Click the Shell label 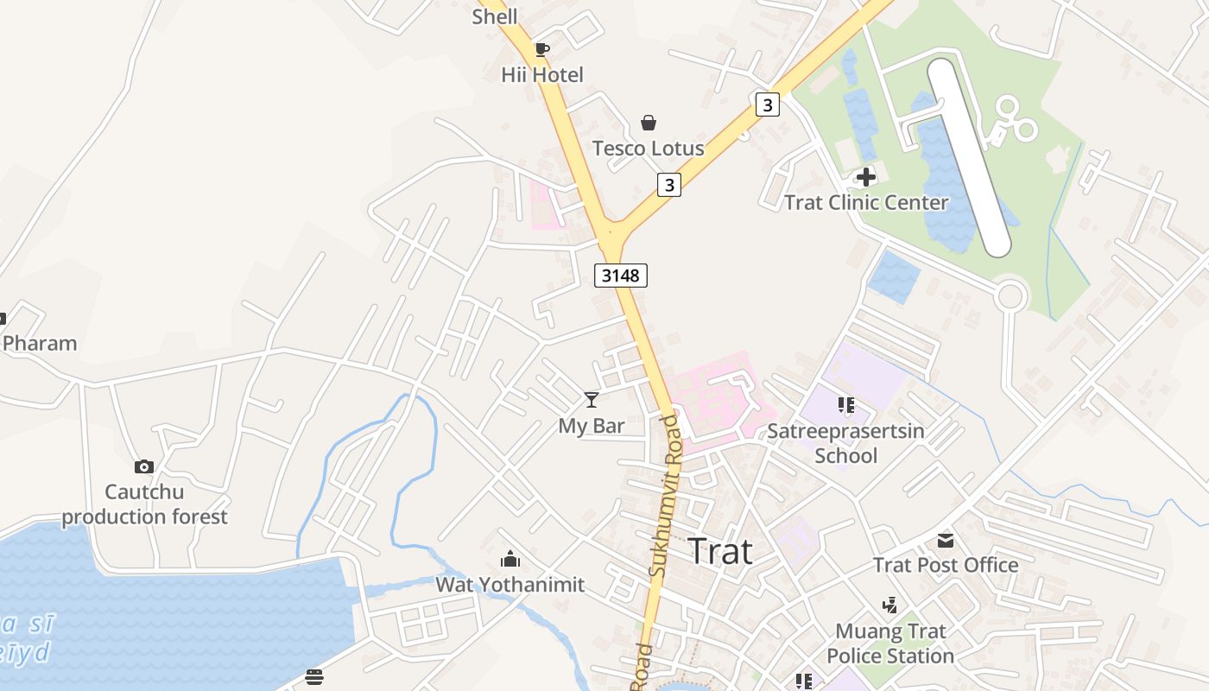[495, 16]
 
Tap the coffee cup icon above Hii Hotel [542, 49]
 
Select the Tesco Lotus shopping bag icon [649, 123]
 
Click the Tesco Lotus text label [649, 149]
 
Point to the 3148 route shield [621, 276]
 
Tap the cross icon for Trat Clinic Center [865, 177]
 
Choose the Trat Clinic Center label [866, 203]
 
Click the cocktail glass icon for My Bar [592, 399]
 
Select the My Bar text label [592, 426]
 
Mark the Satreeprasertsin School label [845, 443]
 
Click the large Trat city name [720, 552]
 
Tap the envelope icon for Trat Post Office [946, 541]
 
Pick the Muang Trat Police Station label [890, 643]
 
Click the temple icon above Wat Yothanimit [510, 560]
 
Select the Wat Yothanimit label [510, 585]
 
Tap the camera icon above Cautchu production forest [144, 467]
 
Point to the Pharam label [40, 343]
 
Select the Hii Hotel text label [542, 75]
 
